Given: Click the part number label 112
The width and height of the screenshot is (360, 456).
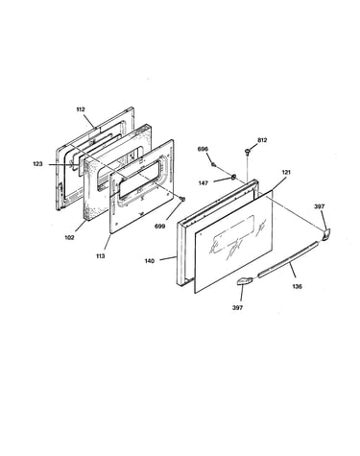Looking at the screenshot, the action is (81, 109).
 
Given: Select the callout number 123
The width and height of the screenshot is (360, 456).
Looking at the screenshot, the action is (37, 164).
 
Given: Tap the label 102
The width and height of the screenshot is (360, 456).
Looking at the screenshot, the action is (69, 237).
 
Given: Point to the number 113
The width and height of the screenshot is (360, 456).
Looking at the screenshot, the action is (100, 256).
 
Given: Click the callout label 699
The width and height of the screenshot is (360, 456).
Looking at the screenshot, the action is (160, 227).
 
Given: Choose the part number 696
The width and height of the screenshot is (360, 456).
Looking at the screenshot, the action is (203, 149).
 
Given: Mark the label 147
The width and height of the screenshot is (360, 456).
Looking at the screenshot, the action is (204, 183).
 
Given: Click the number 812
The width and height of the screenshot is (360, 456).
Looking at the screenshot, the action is (262, 140).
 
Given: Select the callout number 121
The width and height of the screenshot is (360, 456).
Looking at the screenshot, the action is (286, 172).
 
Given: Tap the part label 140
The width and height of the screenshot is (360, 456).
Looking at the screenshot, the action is (150, 261).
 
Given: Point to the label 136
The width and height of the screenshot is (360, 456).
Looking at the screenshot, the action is (298, 286).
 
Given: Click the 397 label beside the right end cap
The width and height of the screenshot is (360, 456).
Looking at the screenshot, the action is (320, 206).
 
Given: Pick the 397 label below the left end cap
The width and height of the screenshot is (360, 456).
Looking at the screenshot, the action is (237, 307).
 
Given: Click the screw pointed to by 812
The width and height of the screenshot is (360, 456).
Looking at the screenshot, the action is (248, 151).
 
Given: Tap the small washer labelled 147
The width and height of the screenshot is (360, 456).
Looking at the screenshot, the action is (233, 176).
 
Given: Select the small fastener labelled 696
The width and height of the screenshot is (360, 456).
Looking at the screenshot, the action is (213, 164).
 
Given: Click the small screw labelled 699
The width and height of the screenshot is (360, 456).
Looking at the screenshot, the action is (182, 199).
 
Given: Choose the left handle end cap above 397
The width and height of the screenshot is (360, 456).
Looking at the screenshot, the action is (245, 281).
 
